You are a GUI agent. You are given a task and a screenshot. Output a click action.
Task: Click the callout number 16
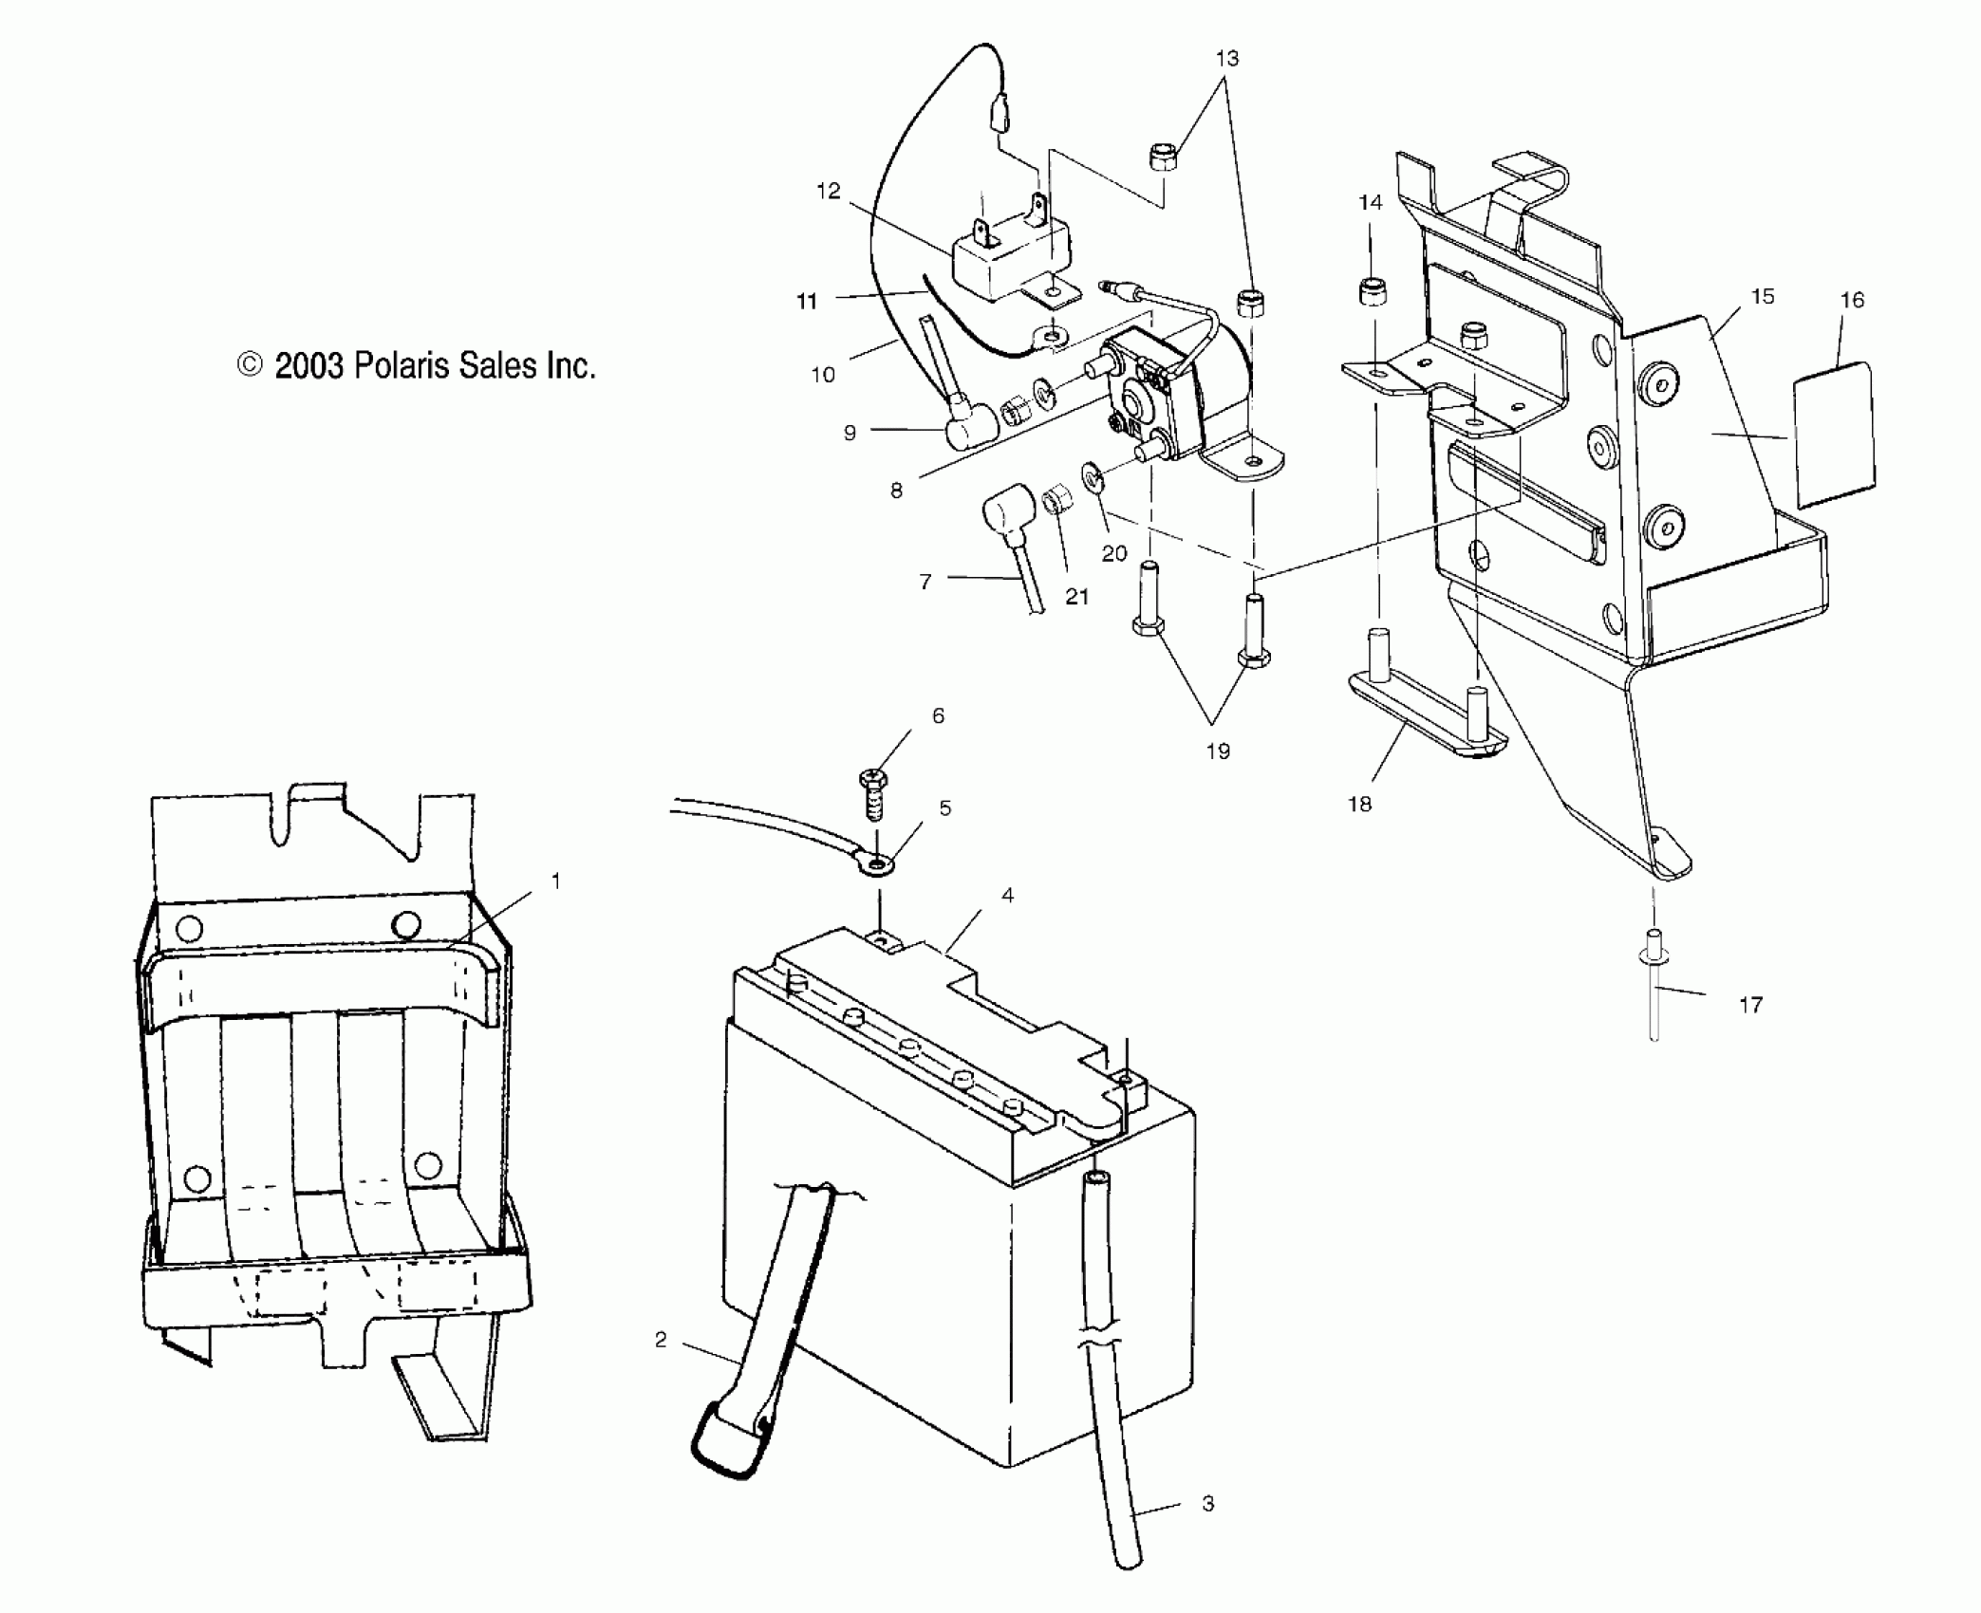coord(1852,300)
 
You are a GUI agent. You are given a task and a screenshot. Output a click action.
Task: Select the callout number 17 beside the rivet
coord(1750,1004)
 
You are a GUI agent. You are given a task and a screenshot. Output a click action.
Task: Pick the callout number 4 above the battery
coord(1007,895)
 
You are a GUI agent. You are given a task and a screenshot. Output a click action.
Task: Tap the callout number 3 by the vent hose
coord(1207,1503)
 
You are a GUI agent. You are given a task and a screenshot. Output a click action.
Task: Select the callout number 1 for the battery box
coord(555,881)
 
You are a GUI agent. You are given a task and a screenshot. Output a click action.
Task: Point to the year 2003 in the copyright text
coord(308,365)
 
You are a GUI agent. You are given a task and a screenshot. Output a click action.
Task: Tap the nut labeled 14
coord(1370,292)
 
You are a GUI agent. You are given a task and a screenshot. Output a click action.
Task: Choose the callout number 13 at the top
coord(1226,58)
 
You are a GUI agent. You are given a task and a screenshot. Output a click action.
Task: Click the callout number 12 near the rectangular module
coord(828,191)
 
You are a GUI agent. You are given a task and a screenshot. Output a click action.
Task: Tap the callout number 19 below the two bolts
coord(1217,751)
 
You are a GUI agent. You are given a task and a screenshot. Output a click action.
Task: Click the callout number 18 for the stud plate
coord(1359,804)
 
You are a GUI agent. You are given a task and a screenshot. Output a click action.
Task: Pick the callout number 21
coord(1075,596)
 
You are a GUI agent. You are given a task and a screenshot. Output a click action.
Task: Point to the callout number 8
coord(895,491)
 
